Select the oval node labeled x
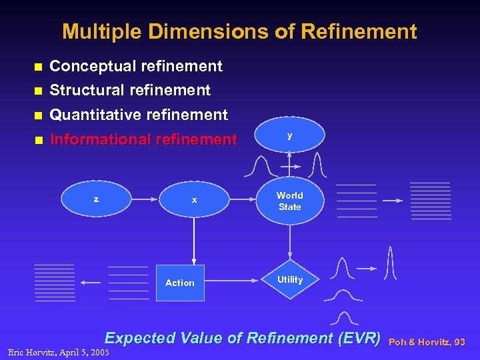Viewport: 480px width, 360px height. coord(194,200)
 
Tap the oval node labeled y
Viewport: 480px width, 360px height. coord(289,136)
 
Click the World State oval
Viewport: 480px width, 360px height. coord(289,201)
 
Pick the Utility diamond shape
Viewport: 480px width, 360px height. coord(289,280)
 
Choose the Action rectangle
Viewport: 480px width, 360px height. coord(180,283)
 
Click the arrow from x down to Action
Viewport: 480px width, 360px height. coord(194,240)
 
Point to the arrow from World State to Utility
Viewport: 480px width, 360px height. coord(289,240)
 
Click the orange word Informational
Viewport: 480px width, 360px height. coord(100,139)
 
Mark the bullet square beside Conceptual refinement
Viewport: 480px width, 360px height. coord(38,67)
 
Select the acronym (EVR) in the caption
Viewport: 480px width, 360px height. coord(360,338)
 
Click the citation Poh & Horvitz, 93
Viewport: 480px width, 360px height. coord(427,342)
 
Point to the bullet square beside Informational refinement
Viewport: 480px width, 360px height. coord(38,140)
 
